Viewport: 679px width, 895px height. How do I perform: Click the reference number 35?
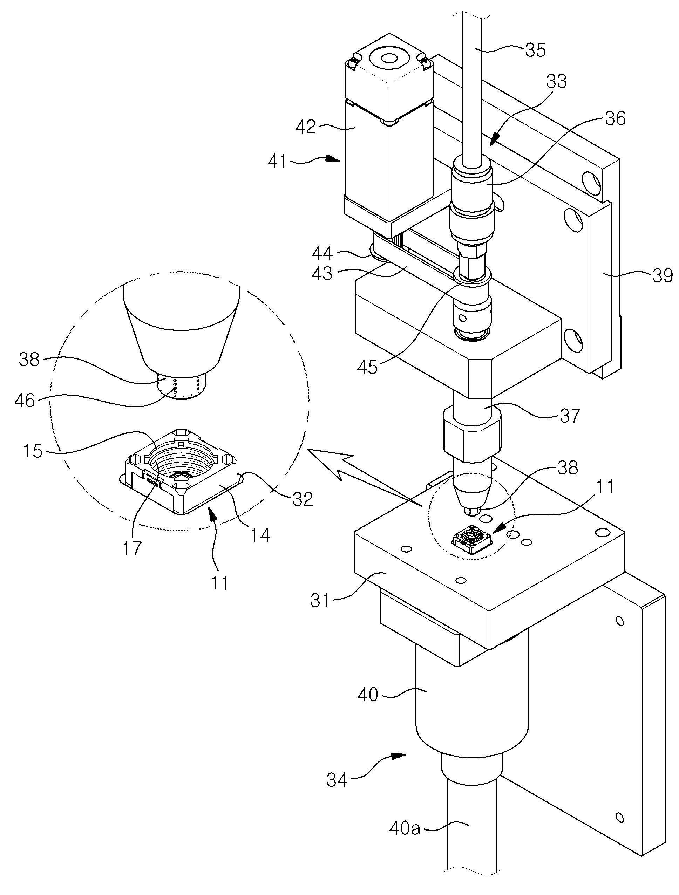pos(535,50)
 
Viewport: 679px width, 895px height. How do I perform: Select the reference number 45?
pos(367,367)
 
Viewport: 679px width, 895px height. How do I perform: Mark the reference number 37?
pos(569,415)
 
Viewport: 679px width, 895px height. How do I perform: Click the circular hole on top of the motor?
pos(389,59)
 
